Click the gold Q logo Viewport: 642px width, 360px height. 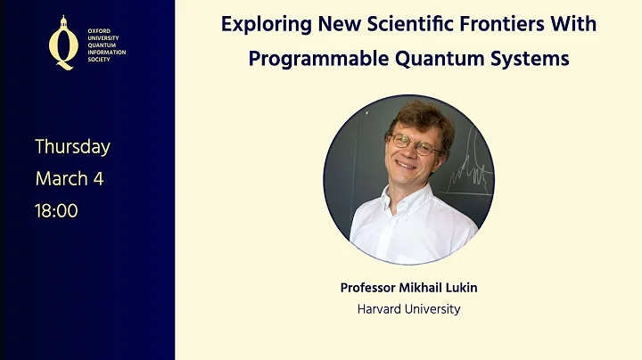tap(62, 43)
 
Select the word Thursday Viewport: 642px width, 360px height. tap(72, 146)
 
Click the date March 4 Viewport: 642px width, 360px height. tap(69, 178)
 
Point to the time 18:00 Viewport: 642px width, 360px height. tap(56, 210)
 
